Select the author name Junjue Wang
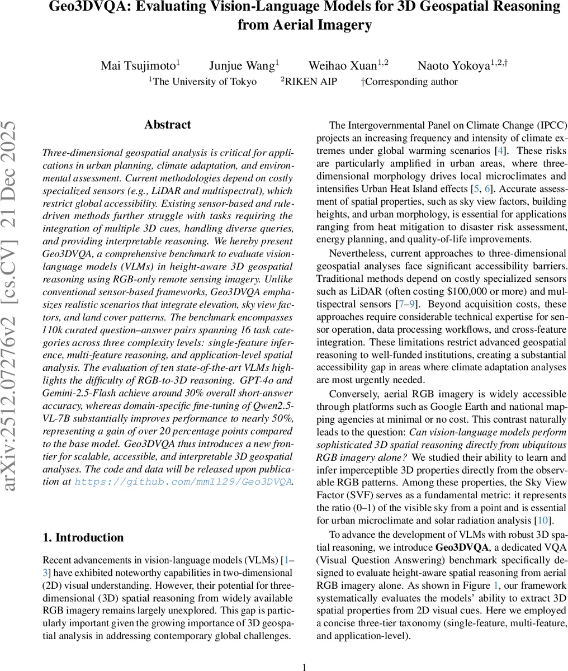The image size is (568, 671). (x=242, y=65)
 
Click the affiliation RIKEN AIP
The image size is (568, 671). (x=311, y=82)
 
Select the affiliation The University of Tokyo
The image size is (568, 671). (x=203, y=82)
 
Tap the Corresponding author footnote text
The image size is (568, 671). (x=410, y=82)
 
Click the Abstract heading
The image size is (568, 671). (x=167, y=125)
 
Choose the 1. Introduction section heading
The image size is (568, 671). (x=83, y=537)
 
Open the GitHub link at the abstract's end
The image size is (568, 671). (x=183, y=481)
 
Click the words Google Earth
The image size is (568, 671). (x=452, y=407)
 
